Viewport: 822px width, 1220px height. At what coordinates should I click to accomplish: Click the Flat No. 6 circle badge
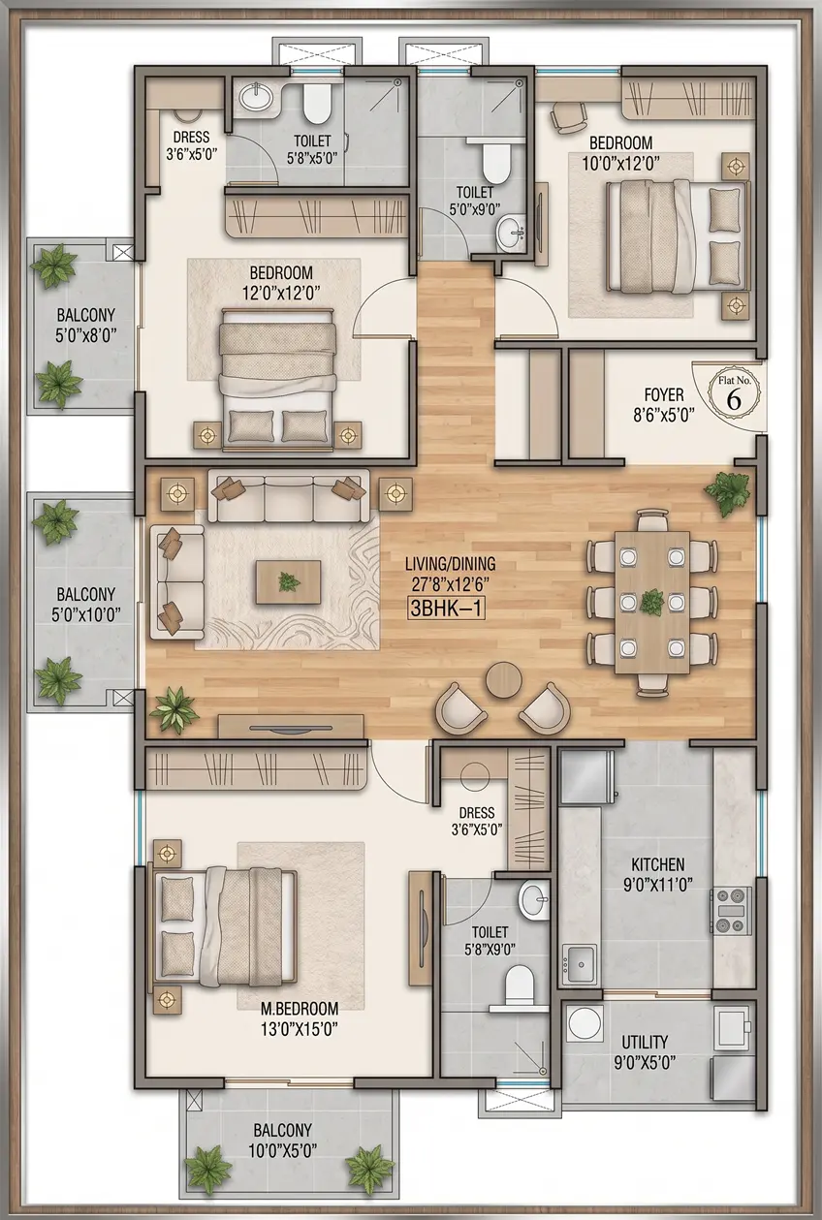734,393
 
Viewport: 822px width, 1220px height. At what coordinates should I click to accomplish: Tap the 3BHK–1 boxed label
447,608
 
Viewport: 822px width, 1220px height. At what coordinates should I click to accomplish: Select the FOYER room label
664,394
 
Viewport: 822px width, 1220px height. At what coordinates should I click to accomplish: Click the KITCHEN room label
658,864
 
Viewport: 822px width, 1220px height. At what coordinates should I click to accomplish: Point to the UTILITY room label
645,1042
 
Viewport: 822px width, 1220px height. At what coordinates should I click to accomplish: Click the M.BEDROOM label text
300,1008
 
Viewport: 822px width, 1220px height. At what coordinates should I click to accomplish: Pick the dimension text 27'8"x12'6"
446,583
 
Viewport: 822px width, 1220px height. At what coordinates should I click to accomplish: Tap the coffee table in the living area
288,581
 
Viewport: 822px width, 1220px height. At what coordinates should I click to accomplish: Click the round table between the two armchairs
504,679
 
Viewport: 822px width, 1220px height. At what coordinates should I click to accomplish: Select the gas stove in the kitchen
731,911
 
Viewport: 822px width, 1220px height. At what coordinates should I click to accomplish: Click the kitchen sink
580,963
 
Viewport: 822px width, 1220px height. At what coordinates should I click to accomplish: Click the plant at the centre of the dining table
651,603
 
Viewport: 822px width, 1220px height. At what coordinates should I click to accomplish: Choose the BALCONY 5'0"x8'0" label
86,325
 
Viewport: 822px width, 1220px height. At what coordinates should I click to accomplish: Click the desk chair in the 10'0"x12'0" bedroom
566,116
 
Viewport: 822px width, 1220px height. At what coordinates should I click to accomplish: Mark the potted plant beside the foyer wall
728,492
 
